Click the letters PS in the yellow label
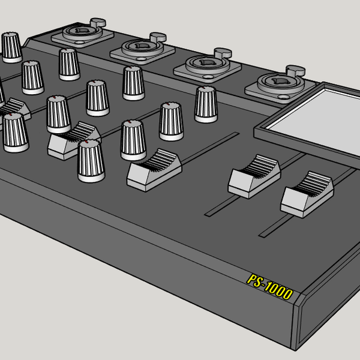254,281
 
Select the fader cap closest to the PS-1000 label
307,193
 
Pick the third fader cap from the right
154,167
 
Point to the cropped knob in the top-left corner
10,47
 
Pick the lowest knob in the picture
91,160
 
